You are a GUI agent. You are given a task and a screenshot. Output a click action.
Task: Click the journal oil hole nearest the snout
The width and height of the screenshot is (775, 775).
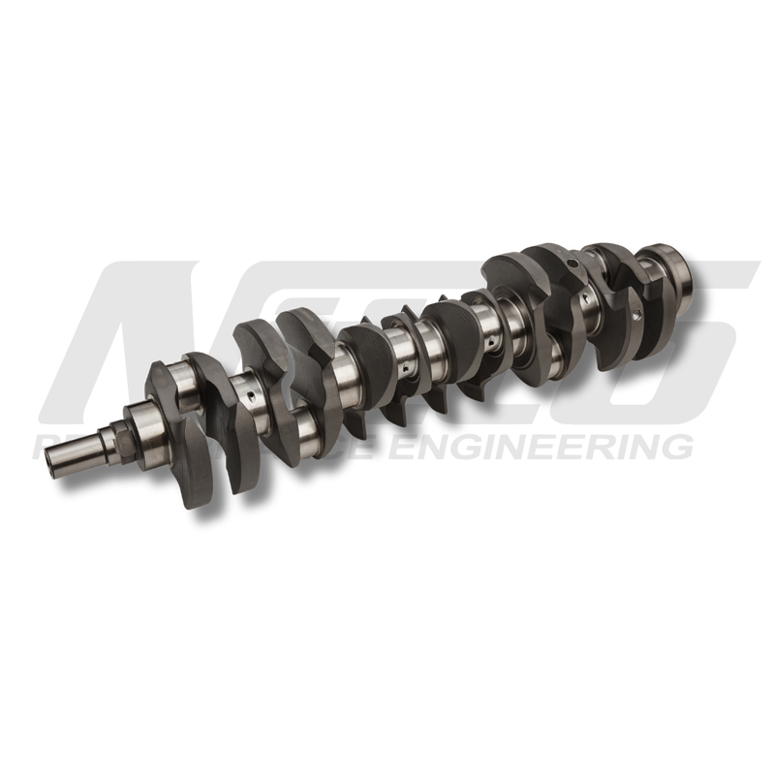point(249,394)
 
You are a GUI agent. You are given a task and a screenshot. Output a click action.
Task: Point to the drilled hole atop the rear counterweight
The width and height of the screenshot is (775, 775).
point(572,260)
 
